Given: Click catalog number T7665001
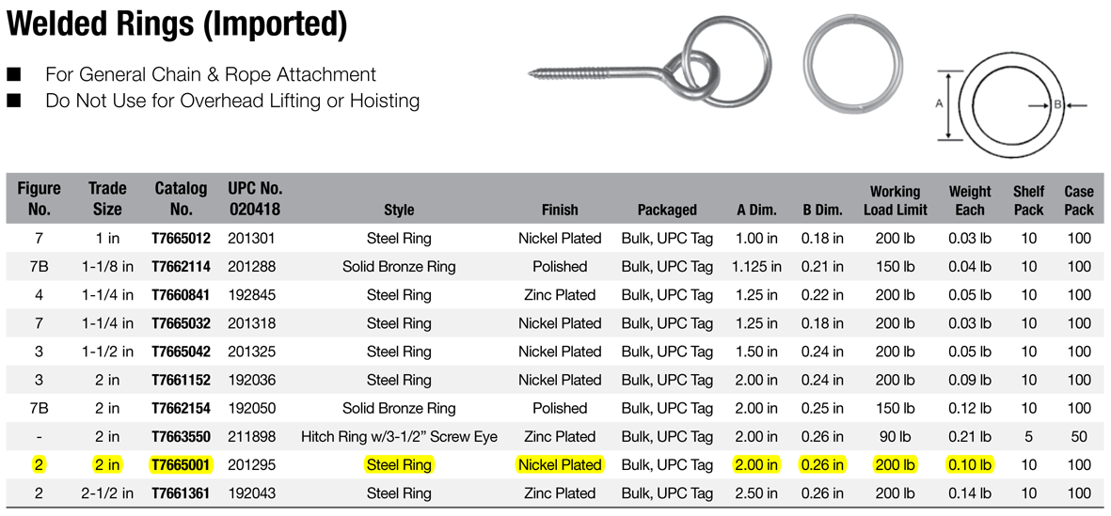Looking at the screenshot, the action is coord(181,465).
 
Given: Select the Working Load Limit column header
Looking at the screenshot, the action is coord(895,200).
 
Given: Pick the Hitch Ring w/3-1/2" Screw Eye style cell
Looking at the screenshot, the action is coord(399,437).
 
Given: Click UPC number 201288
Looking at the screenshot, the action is coord(251,267).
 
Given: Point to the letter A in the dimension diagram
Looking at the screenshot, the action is coord(939,103).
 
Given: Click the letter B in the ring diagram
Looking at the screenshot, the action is coord(1056,104).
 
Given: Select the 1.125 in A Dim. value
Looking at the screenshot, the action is coord(756,267).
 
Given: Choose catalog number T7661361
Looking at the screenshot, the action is coord(181,493).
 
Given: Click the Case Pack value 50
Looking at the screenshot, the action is coord(1078,437).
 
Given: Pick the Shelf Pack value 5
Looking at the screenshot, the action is coord(1028,437).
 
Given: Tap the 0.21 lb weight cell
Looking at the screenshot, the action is coord(969,437).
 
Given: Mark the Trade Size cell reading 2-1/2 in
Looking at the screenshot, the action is coord(106,493).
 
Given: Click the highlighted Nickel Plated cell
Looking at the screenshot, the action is coord(560,465).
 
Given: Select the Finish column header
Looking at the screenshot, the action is coord(560,210).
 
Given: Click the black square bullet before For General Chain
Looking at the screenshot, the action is coord(13,73).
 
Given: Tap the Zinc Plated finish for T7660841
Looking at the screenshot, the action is coord(560,295).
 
